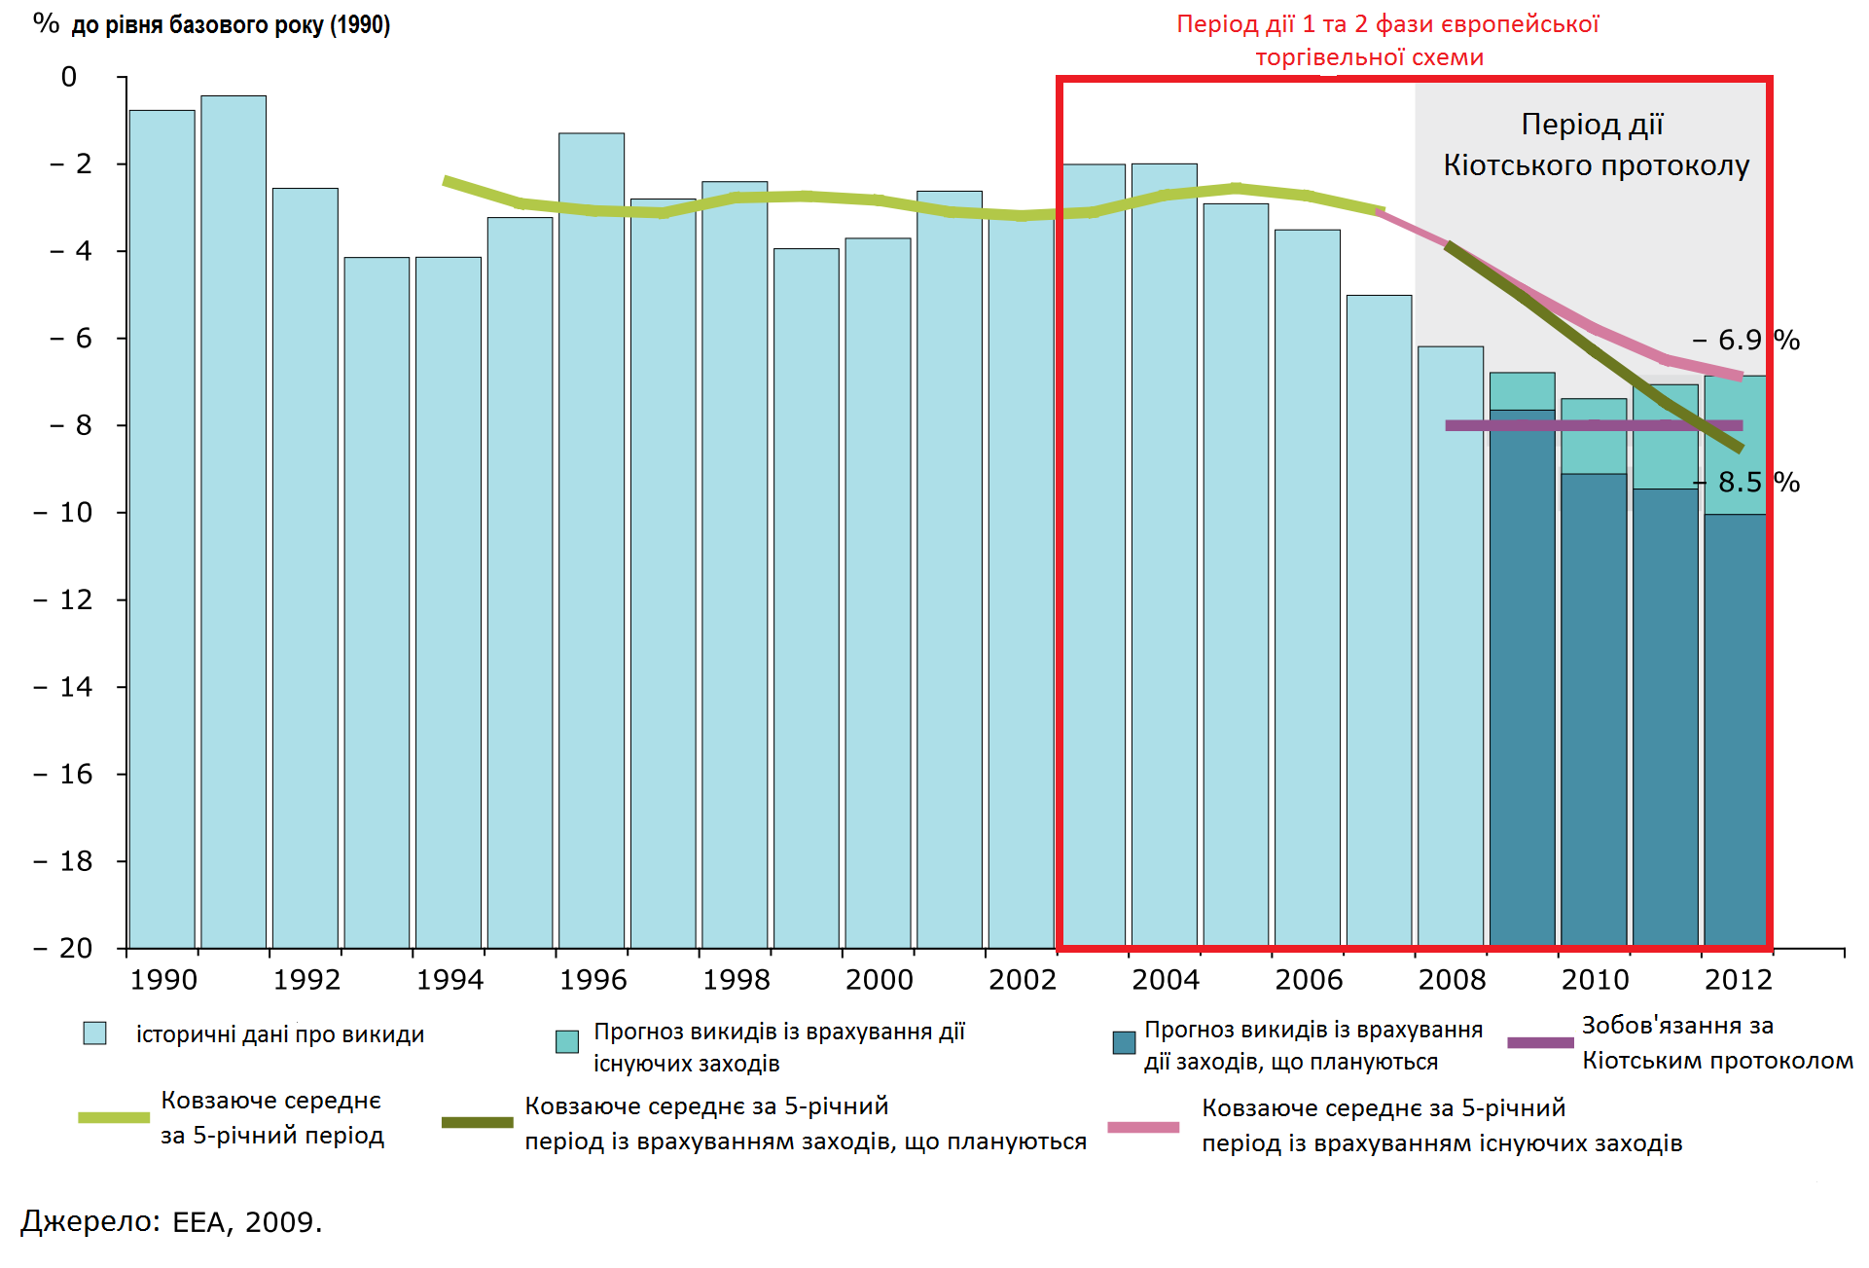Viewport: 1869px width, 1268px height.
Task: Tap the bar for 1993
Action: pos(377,602)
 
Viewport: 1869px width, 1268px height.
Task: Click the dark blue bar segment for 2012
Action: pos(1735,730)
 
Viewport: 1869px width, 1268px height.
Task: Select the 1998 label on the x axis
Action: pos(736,979)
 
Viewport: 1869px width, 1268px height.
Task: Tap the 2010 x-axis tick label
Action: pos(1595,979)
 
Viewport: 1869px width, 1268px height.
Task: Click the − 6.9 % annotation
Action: pos(1745,340)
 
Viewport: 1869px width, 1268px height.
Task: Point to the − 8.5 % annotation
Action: pos(1747,482)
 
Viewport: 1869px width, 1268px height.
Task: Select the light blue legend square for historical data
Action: pos(94,1033)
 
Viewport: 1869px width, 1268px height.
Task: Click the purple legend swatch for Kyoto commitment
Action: pos(1539,1042)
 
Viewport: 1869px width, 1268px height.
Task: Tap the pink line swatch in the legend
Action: pos(1143,1127)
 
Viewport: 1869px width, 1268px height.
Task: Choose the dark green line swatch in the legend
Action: pos(477,1122)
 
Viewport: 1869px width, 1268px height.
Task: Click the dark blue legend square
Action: pos(1124,1043)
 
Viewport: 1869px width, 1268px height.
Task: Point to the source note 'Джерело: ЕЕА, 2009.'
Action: pos(171,1221)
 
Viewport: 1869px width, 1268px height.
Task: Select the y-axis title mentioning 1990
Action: pos(212,24)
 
